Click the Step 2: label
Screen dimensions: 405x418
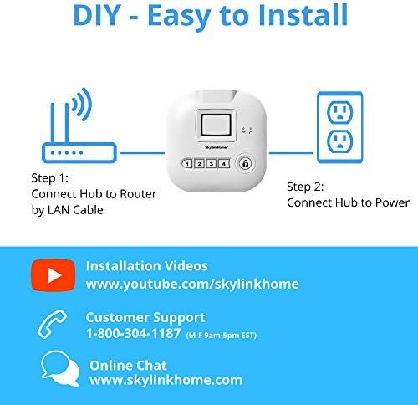(x=306, y=187)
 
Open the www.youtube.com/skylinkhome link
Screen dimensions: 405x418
(x=192, y=284)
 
